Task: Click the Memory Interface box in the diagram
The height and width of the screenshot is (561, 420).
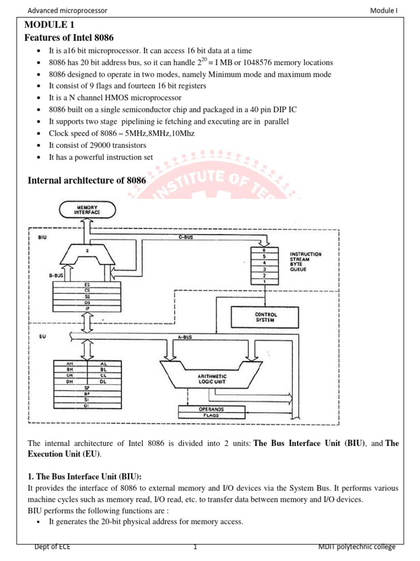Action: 87,209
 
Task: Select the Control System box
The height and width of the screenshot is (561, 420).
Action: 266,317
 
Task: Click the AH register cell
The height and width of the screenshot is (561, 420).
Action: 69,363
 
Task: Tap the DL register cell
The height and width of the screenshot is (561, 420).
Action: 104,382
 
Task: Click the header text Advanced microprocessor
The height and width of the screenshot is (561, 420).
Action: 60,10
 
